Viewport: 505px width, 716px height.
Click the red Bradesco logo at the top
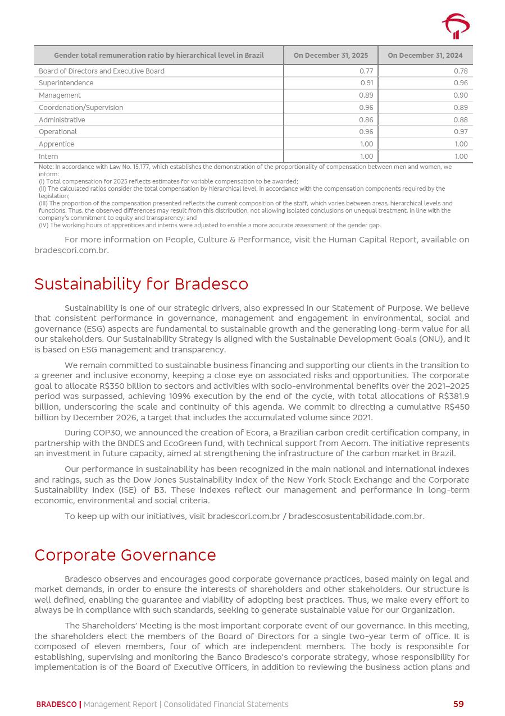(456, 26)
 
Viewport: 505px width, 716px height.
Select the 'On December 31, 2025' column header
(331, 56)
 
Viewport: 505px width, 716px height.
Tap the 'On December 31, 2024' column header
(425, 56)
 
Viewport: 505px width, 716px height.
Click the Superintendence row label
(66, 83)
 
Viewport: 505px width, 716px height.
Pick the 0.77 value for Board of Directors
(366, 71)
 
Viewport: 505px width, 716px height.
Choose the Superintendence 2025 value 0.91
(367, 83)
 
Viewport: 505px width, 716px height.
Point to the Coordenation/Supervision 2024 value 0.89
(461, 108)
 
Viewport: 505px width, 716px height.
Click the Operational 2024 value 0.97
(461, 132)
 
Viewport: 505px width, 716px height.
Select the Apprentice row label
(56, 144)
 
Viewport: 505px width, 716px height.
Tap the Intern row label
(48, 157)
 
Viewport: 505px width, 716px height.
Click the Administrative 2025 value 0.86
(366, 120)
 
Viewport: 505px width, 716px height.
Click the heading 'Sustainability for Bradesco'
(141, 284)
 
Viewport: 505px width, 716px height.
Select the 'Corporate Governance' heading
(125, 555)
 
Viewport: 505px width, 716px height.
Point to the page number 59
(458, 704)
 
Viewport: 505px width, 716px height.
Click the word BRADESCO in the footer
(56, 704)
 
